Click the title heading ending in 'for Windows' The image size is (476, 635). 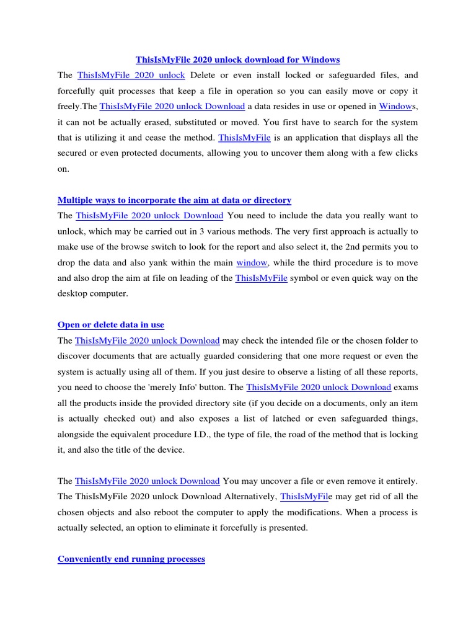tap(237, 60)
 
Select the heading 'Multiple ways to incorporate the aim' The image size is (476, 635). tap(174, 200)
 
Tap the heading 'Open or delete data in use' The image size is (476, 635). tap(110, 325)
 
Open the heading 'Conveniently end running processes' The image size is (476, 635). tap(131, 559)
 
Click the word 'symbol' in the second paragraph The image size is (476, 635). tap(305, 278)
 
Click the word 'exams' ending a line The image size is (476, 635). tap(406, 388)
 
